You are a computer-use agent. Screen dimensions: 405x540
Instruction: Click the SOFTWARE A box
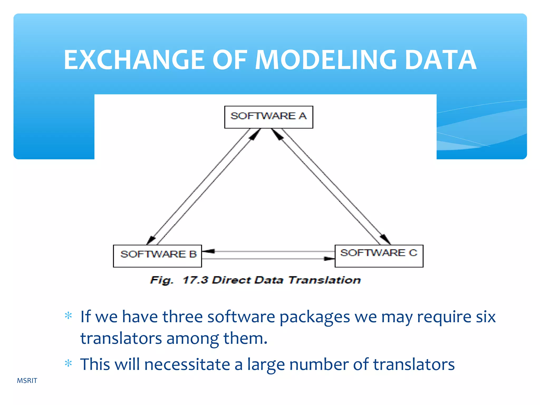coord(268,117)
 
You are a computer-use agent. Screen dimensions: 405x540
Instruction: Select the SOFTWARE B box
coord(157,256)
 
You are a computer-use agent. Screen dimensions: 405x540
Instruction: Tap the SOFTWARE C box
coord(379,256)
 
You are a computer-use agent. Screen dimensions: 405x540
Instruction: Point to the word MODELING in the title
coord(326,60)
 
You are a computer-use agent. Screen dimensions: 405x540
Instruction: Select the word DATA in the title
coord(440,60)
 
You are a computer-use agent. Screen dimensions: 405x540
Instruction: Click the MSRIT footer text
coord(27,380)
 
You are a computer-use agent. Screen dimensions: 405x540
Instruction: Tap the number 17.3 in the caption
coord(195,280)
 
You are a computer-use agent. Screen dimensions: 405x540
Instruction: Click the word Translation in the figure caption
coord(325,280)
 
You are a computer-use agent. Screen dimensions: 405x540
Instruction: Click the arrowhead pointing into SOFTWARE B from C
coord(208,251)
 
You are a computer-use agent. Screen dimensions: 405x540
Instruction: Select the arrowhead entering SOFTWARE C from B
coord(329,259)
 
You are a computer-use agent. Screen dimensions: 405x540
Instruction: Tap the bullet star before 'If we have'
coord(68,316)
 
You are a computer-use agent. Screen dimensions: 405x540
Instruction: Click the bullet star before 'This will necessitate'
coord(68,364)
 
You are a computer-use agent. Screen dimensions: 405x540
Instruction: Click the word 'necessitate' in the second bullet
coord(187,365)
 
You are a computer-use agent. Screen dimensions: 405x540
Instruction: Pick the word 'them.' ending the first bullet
coord(245,338)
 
